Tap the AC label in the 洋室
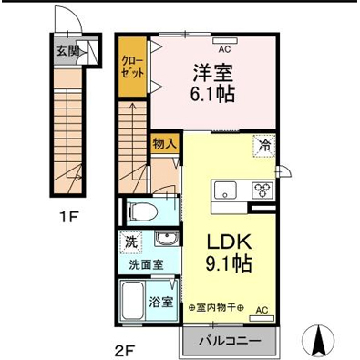coord(224,42)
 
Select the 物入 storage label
coord(164,144)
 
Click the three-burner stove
coord(262,190)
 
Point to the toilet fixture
coord(143,212)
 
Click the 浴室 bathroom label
coord(163,302)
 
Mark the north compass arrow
coord(320,340)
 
